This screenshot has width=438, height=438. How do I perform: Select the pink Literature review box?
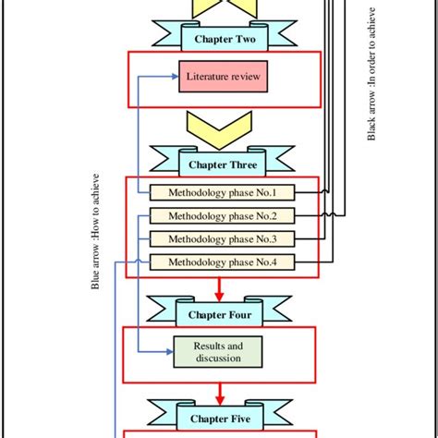(223, 78)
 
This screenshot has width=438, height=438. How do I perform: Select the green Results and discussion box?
(218, 351)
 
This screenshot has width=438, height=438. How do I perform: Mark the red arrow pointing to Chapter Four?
(219, 287)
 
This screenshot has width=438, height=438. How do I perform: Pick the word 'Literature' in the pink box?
(206, 78)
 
